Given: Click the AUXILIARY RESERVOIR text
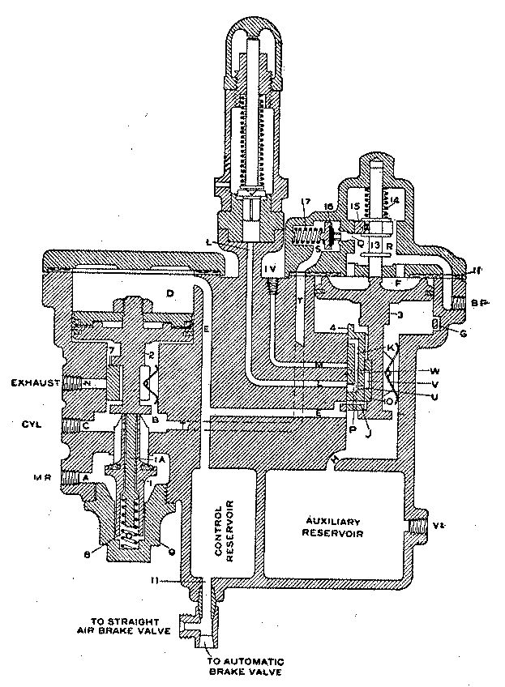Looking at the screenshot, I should click(333, 526).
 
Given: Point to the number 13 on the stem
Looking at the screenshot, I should click(375, 244).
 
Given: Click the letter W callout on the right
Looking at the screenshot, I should click(436, 372).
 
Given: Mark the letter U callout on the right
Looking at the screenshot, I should click(436, 395).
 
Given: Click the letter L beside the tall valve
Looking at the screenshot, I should click(210, 242).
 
